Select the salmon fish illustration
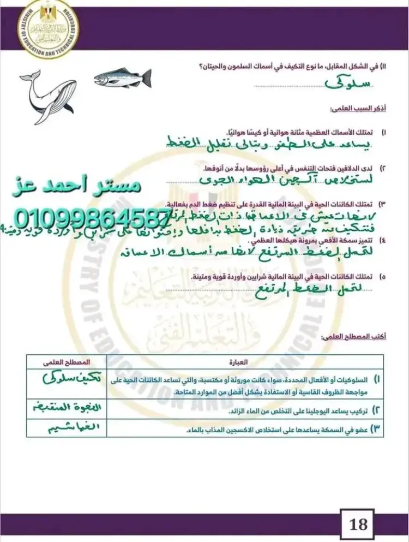(123, 78)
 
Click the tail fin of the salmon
(146, 78)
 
